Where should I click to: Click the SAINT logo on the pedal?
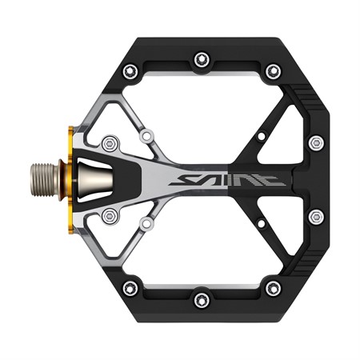pyautogui.click(x=227, y=180)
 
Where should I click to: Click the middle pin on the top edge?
pyautogui.click(x=202, y=60)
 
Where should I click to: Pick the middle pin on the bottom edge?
pyautogui.click(x=202, y=300)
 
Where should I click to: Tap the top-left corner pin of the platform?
pyautogui.click(x=130, y=71)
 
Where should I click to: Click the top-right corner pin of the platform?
pyautogui.click(x=274, y=71)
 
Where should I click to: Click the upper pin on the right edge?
pyautogui.click(x=317, y=143)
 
